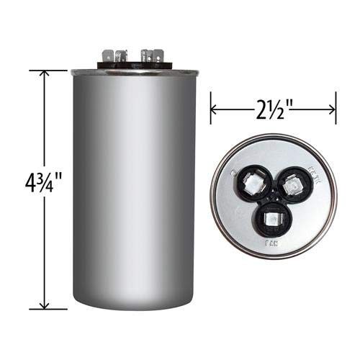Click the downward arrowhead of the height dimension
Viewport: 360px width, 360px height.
point(45,305)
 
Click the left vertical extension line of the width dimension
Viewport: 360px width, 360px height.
point(210,108)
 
